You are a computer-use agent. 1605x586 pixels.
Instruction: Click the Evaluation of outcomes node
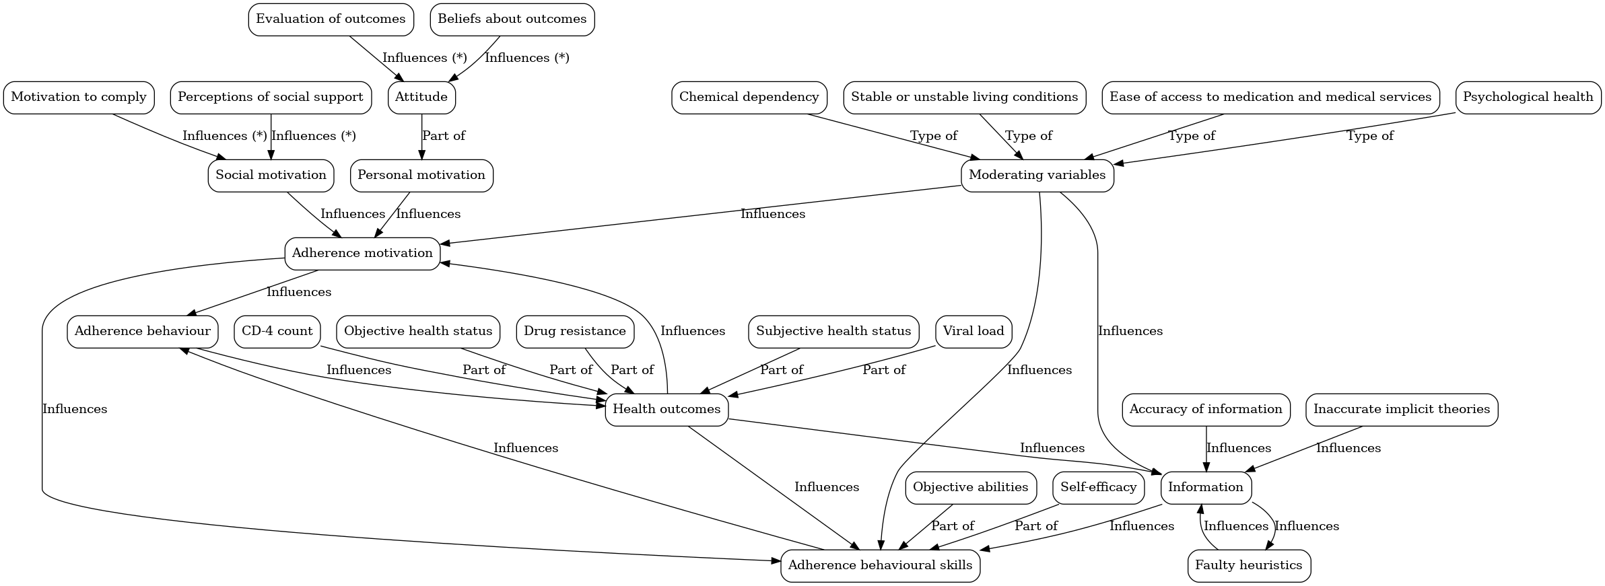point(330,19)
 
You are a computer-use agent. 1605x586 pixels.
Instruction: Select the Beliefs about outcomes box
point(512,19)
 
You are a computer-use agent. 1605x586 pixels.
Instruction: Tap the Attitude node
point(421,97)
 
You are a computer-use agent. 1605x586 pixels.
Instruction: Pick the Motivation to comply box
point(79,97)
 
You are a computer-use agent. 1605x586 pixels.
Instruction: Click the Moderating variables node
point(1037,175)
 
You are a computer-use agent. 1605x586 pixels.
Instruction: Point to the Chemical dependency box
point(749,97)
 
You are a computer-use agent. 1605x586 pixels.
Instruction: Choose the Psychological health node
point(1528,97)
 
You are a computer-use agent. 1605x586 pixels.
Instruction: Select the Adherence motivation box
point(362,253)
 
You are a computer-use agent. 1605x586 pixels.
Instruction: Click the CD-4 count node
point(277,331)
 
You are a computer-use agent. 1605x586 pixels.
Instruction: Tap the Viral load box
point(973,331)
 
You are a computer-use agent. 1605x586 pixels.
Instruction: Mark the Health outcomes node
point(666,409)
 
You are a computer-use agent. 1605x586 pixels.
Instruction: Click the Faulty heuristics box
point(1248,565)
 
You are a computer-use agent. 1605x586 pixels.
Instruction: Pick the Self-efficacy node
point(1098,487)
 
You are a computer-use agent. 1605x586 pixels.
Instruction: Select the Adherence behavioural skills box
point(880,565)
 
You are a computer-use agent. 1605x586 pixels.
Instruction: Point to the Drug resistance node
point(574,331)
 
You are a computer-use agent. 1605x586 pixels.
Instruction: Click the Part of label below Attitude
point(443,136)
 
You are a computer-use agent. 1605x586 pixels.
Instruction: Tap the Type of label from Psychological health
point(1369,136)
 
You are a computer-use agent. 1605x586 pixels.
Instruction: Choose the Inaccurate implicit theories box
point(1401,409)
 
